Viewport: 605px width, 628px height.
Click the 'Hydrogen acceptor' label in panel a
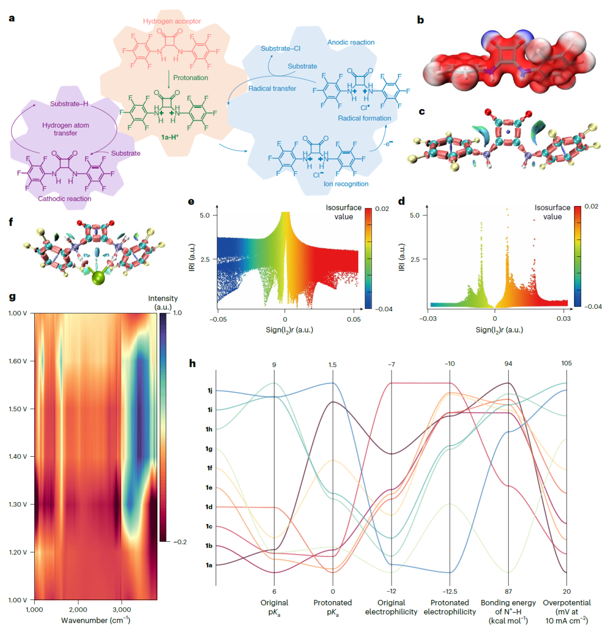[171, 21]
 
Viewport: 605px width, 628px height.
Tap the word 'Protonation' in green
[190, 78]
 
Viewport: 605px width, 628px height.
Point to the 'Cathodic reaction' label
[64, 198]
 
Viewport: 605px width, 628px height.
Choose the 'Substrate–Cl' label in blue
[281, 49]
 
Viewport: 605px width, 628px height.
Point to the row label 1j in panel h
[210, 391]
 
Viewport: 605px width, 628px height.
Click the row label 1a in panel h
[210, 565]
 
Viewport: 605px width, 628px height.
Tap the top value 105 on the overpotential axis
[567, 364]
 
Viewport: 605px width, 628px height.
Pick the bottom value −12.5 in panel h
[450, 592]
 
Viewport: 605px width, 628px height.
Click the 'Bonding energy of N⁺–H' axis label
[508, 611]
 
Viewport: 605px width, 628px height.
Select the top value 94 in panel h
[509, 364]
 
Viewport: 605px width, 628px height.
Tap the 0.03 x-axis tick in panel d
[564, 318]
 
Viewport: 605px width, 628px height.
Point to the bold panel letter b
[420, 20]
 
